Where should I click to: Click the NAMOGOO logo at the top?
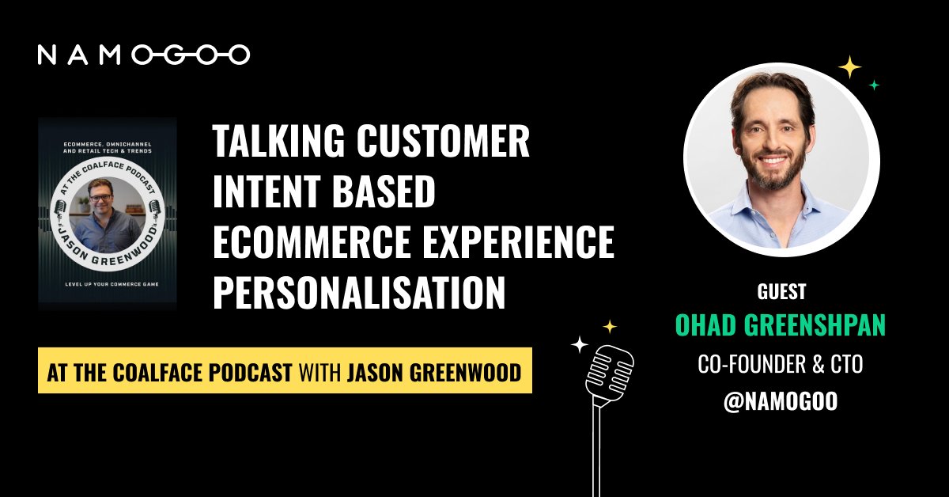[x=144, y=54]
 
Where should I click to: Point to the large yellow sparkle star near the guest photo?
[x=849, y=68]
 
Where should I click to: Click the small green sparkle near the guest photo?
[x=874, y=85]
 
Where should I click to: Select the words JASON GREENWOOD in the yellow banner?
[x=435, y=371]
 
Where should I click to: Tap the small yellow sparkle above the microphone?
[x=610, y=326]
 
